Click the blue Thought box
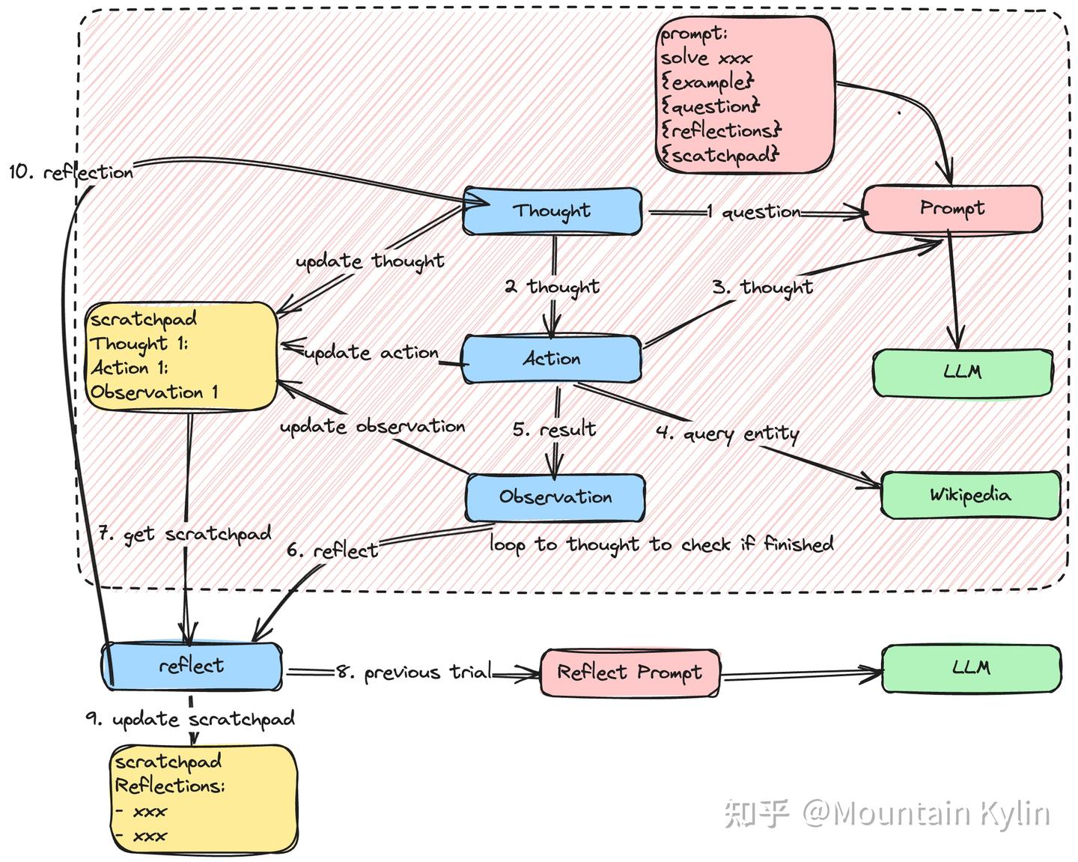pos(552,211)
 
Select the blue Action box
pos(551,359)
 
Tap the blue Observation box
pos(555,497)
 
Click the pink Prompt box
pos(951,209)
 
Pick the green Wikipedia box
pos(970,495)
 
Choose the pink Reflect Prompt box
pos(630,673)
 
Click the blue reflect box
pos(192,666)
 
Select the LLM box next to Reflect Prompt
pos(971,667)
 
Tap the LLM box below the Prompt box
pos(963,372)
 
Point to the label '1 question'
pos(753,213)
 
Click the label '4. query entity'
pos(728,434)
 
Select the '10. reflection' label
pos(71,172)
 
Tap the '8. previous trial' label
pos(413,673)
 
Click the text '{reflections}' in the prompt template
pos(721,131)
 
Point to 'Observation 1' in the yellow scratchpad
pos(154,392)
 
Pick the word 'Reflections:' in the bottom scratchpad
pos(170,786)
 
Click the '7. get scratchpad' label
pos(184,535)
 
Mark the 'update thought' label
pos(370,261)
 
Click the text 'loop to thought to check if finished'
pos(661,544)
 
